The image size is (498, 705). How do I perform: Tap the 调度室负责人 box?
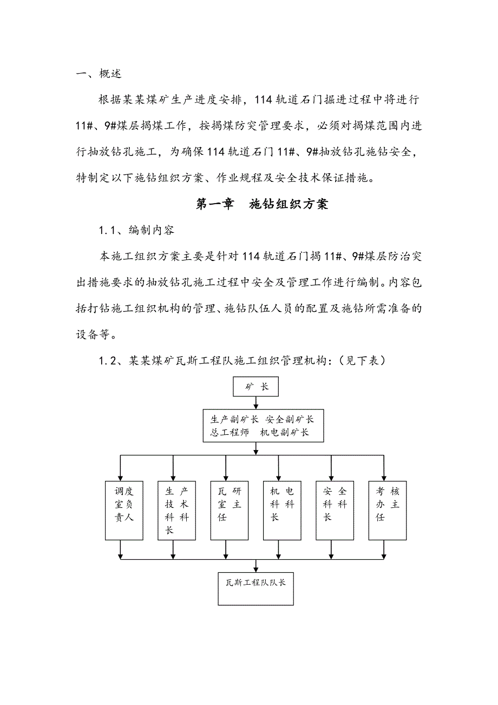pos(123,510)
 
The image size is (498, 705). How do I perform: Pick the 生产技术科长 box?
pos(176,510)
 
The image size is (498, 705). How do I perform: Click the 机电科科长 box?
pos(281,510)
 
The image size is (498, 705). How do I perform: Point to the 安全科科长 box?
pos(335,510)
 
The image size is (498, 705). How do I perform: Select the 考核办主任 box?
pos(387,510)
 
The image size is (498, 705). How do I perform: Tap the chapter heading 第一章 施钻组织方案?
pos(262,204)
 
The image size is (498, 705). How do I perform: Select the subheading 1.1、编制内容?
pos(136,230)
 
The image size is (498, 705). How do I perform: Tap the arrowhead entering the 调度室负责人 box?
pos(121,476)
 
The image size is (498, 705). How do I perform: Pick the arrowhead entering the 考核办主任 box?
pos(384,476)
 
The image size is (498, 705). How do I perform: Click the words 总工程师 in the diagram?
pos(230,433)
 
